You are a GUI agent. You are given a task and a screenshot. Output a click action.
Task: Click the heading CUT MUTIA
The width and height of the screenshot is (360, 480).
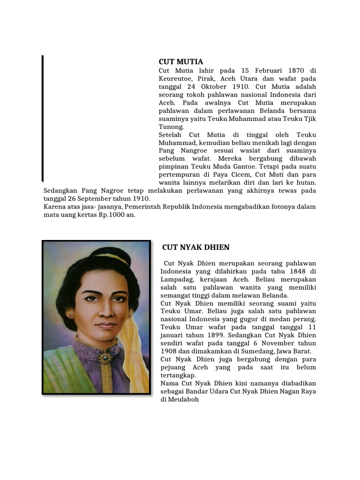point(181,62)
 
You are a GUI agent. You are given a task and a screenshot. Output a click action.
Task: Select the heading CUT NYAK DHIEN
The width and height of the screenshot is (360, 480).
point(196,247)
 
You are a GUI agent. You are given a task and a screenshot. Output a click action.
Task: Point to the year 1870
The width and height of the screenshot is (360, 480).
point(293,70)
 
